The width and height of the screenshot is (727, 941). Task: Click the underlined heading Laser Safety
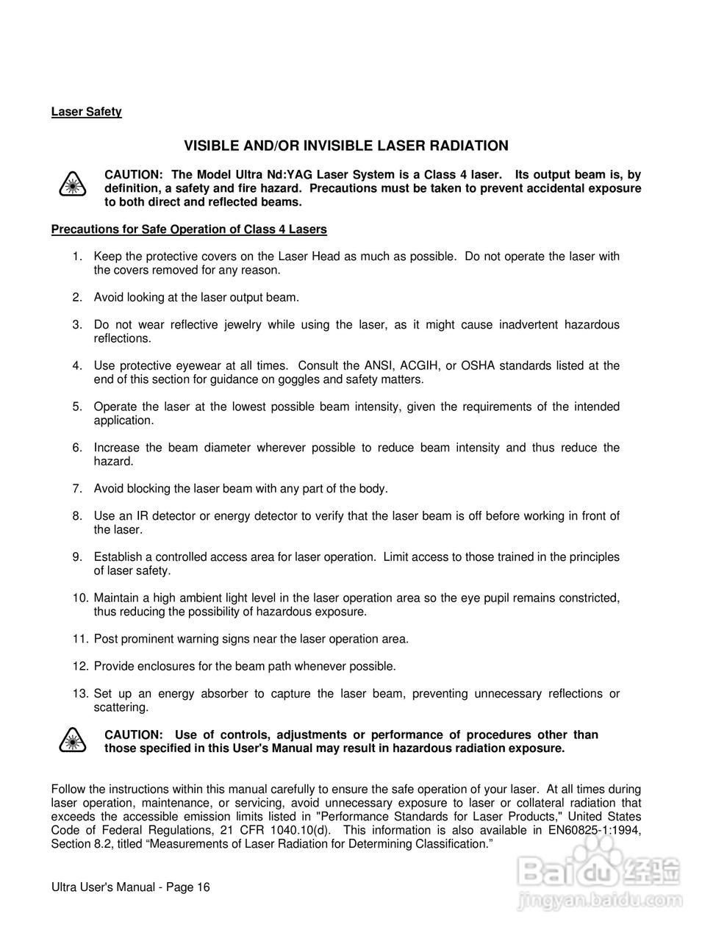(x=86, y=112)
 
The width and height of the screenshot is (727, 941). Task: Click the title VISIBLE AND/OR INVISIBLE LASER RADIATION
(x=345, y=146)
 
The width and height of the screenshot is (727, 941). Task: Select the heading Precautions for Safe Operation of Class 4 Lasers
(x=189, y=229)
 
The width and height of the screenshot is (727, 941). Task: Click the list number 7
(x=76, y=489)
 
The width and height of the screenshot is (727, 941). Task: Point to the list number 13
(x=80, y=694)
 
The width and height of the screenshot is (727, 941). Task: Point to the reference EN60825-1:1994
(x=592, y=831)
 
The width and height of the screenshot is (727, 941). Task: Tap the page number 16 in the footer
(x=203, y=887)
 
